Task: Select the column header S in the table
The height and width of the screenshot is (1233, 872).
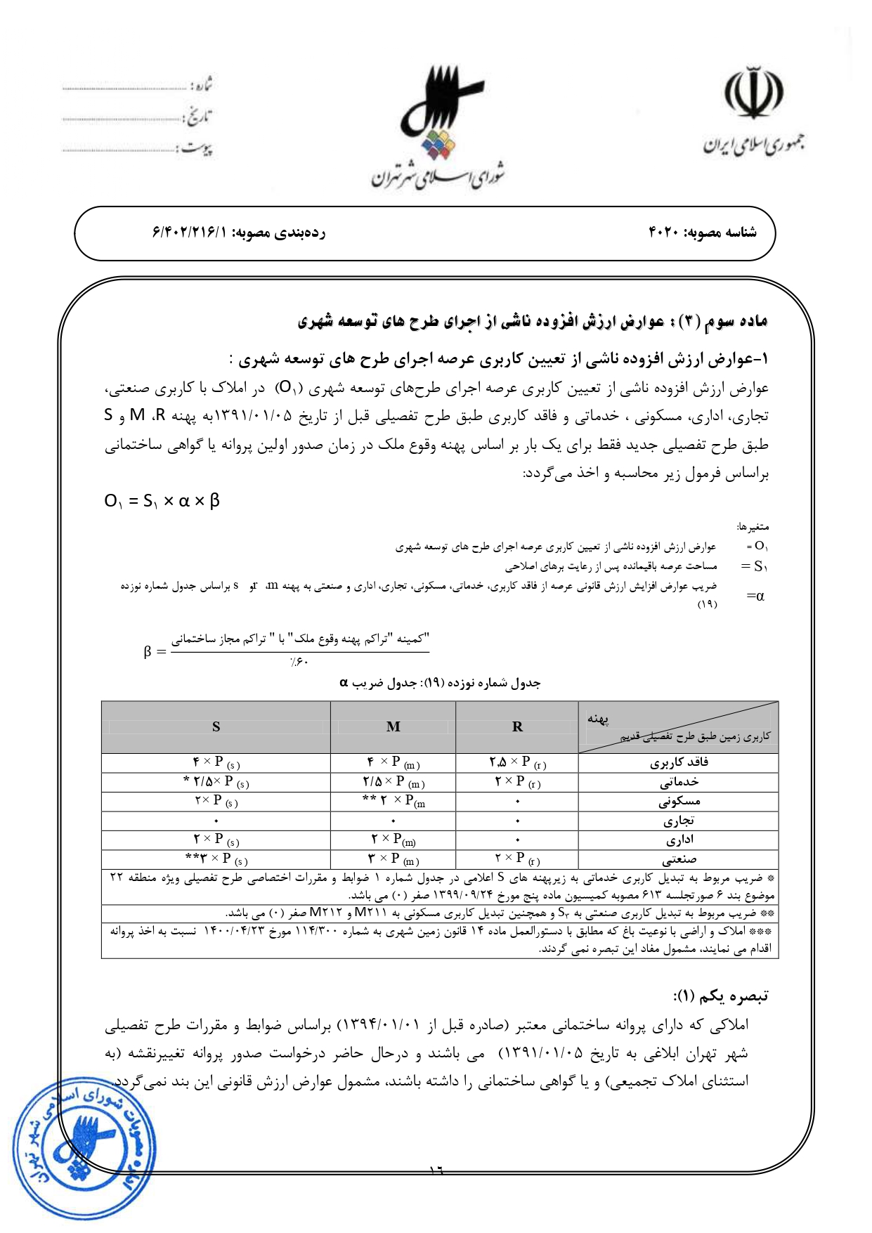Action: coord(216,727)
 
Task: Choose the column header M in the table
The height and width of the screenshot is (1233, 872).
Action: coord(393,727)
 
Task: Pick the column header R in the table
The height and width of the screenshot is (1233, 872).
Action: coord(517,727)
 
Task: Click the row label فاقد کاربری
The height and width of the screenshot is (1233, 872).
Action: coord(679,763)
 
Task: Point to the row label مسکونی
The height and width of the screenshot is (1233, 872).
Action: coord(679,802)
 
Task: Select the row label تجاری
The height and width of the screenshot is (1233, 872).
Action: coord(679,821)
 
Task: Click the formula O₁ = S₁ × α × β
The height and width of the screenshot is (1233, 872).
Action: coord(162,501)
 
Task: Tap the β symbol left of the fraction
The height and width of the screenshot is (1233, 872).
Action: coord(148,651)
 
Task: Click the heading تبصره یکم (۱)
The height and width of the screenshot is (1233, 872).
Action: coord(720,996)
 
